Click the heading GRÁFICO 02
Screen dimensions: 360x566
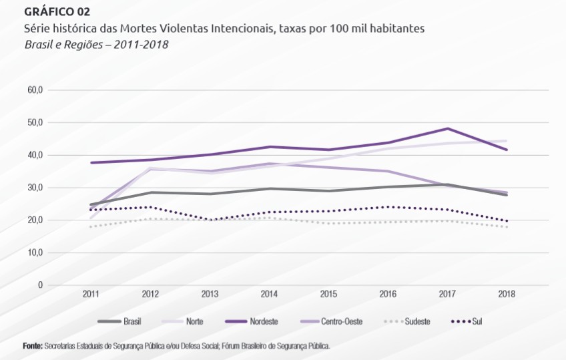(57, 12)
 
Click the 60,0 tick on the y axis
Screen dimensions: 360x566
(35, 90)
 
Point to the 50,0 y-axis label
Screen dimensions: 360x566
(35, 123)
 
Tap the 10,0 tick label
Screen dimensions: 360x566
(35, 252)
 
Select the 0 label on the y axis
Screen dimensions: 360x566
(40, 285)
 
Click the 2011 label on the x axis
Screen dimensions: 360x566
(91, 295)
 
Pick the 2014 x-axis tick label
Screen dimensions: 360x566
(269, 295)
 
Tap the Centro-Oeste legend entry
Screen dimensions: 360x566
(340, 321)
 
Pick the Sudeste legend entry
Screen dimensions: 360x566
(416, 321)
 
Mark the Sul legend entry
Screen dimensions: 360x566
(477, 321)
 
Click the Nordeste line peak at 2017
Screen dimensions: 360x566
(447, 128)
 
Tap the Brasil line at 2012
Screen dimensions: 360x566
(151, 192)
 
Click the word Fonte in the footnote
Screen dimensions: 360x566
(32, 346)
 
